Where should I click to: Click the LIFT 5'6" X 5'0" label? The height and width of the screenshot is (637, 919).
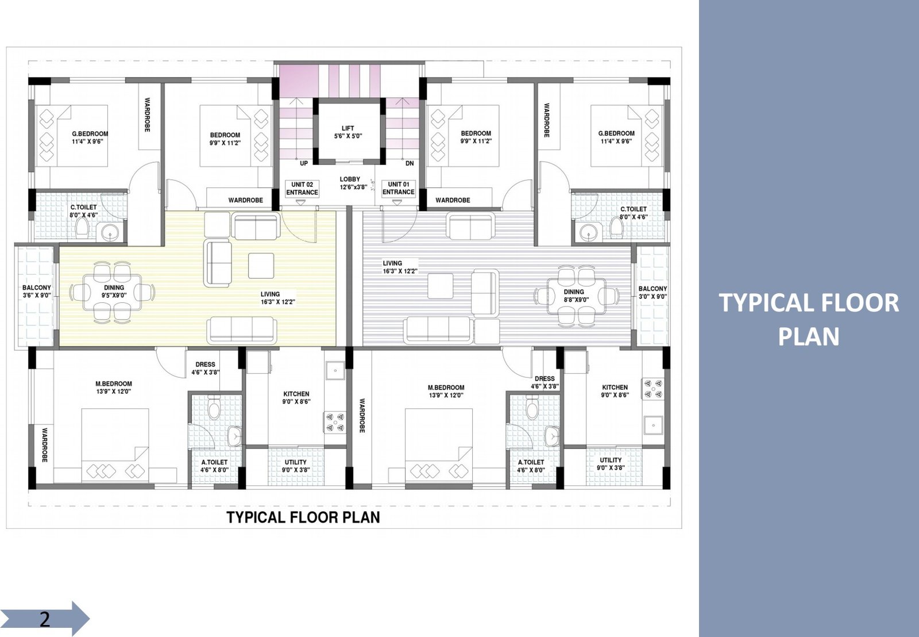(x=348, y=132)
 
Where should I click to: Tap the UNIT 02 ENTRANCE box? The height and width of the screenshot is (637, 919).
(x=302, y=189)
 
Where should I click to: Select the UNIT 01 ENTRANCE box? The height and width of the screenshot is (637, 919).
(x=399, y=189)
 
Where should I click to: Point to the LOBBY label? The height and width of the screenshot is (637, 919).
(x=350, y=179)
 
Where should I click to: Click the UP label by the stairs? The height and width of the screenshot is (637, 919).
(x=304, y=163)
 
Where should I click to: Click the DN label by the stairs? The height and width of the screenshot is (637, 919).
(x=410, y=163)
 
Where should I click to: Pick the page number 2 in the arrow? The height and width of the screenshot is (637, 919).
(x=44, y=619)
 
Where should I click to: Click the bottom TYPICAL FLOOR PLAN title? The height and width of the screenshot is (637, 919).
(x=303, y=517)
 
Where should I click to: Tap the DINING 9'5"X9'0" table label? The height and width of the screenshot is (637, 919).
(x=114, y=291)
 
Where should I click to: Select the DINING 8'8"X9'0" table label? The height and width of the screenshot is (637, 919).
(x=574, y=296)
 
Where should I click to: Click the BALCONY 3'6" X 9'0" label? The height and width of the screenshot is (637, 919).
(x=37, y=291)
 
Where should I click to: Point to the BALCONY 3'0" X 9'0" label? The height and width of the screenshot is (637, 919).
(x=652, y=293)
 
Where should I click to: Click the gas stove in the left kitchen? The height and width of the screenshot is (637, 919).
(x=335, y=423)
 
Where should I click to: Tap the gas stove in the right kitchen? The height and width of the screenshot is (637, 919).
(x=653, y=389)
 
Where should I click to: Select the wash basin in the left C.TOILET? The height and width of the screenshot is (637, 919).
(x=110, y=233)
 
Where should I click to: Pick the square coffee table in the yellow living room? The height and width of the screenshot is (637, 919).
(x=261, y=266)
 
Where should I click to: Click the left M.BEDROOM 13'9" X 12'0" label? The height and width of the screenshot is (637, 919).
(x=114, y=387)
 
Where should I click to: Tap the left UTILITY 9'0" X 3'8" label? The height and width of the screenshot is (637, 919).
(x=295, y=466)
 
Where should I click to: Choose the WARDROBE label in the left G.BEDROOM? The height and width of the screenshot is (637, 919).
(x=147, y=114)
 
